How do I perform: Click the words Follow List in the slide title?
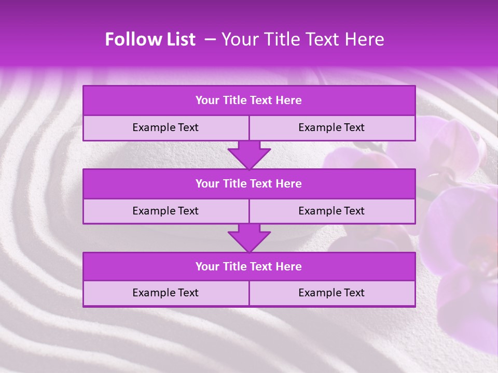click(x=150, y=39)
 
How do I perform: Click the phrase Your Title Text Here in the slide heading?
click(x=302, y=39)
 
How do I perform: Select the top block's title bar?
click(x=249, y=101)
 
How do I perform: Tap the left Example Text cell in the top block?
click(x=165, y=127)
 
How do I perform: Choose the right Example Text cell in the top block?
click(x=331, y=127)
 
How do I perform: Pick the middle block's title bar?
click(x=249, y=183)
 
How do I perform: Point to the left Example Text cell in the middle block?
click(x=165, y=211)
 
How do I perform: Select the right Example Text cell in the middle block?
click(x=331, y=211)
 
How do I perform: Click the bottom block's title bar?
click(x=249, y=266)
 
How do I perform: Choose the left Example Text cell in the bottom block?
click(x=165, y=293)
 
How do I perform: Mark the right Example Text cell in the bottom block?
click(x=331, y=293)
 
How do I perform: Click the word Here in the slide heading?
click(x=367, y=39)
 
